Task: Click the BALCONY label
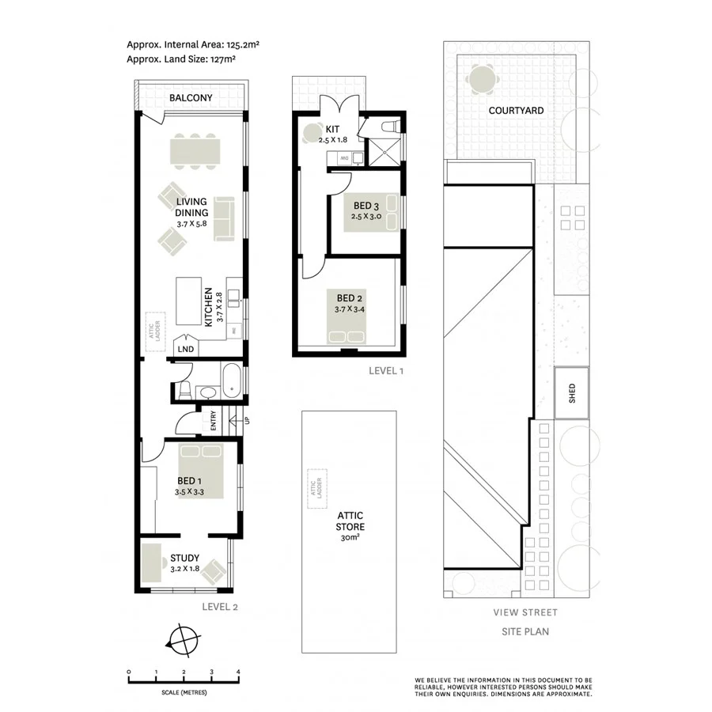point(191,98)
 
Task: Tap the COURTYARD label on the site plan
point(516,111)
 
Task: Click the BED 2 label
point(350,298)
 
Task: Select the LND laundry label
point(186,349)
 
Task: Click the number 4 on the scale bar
point(238,671)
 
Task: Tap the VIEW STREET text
point(525,612)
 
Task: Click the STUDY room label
point(184,559)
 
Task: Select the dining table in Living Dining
point(194,150)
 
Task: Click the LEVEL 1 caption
point(386,370)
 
